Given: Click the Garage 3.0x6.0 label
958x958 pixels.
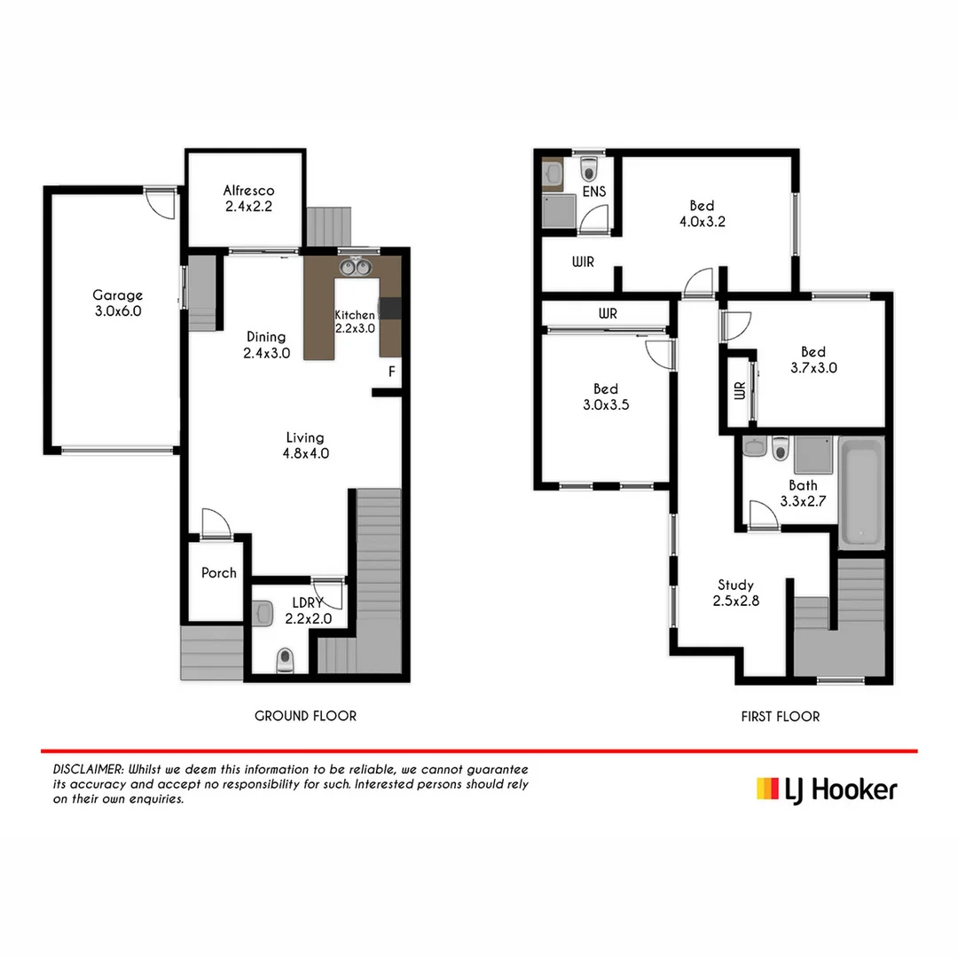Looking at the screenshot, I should (117, 303).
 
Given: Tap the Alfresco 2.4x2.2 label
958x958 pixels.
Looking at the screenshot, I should (248, 199).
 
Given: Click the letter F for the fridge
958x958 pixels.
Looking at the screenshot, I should (391, 372).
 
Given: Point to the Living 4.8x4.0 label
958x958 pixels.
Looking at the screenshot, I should (304, 445).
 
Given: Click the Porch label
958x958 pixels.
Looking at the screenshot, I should (218, 573).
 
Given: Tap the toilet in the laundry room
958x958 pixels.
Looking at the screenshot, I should (285, 660).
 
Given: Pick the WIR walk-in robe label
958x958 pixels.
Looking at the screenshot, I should (583, 263).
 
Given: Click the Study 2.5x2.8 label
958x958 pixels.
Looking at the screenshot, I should (735, 593).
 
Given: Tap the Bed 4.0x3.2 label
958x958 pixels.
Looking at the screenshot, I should (702, 214).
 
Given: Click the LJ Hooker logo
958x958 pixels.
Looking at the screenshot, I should (826, 789).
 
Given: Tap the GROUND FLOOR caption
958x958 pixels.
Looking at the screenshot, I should (305, 716).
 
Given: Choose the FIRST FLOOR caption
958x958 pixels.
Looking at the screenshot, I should (781, 716).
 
